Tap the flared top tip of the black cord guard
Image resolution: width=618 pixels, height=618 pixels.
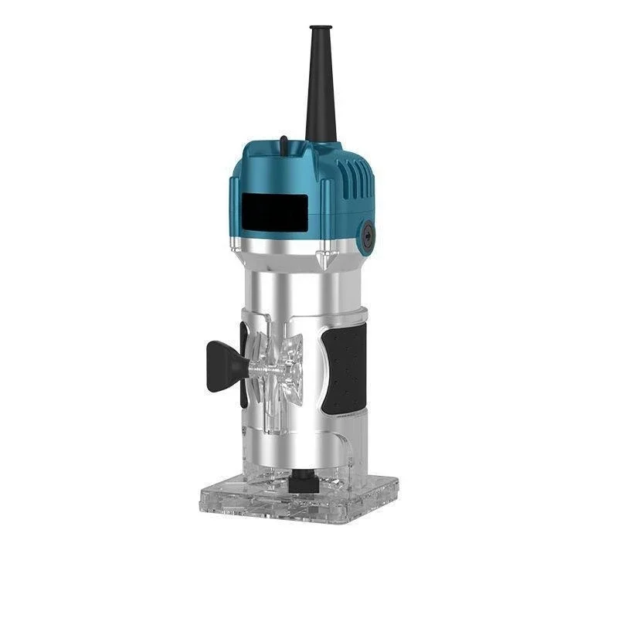coord(316,29)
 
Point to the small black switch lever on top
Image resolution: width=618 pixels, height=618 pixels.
coord(284,141)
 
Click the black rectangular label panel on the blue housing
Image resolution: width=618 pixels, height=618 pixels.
coord(274,209)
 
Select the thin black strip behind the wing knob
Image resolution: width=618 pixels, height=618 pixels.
coord(244,363)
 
